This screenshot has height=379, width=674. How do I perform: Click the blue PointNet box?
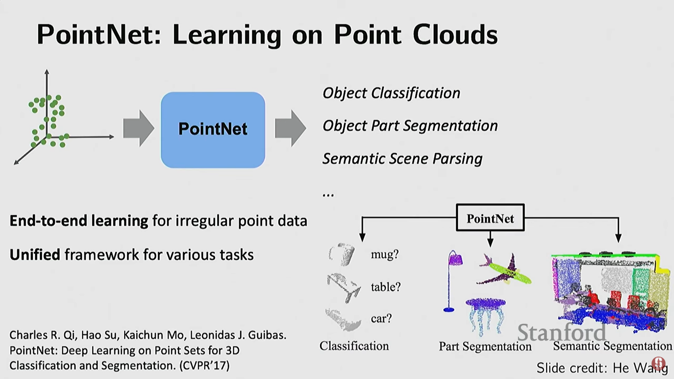(213, 130)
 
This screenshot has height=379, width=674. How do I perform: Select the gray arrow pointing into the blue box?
(138, 128)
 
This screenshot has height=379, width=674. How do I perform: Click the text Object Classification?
(391, 93)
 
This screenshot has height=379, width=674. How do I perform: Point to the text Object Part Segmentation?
(410, 126)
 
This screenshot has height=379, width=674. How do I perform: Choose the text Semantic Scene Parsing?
(402, 159)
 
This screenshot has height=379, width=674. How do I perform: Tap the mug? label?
(385, 254)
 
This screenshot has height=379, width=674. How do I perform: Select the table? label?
(385, 287)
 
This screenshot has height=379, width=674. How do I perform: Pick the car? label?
(381, 318)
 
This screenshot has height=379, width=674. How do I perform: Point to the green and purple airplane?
(505, 270)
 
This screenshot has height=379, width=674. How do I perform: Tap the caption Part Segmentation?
(485, 346)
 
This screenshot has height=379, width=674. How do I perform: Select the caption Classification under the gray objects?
(354, 346)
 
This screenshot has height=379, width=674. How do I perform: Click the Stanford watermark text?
(562, 332)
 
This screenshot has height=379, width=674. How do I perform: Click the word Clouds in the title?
(455, 35)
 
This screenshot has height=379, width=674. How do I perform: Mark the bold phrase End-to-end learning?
(79, 221)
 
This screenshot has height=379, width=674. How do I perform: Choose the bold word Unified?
(35, 255)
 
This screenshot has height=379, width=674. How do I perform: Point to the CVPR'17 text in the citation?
(204, 366)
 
